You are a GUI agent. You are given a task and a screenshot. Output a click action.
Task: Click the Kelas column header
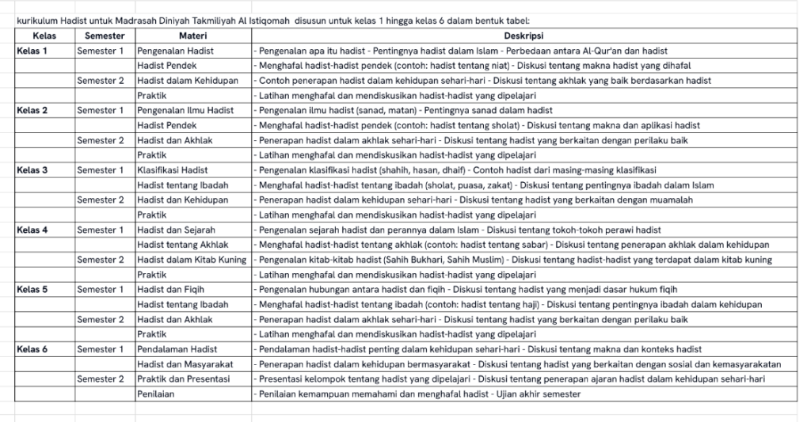(x=44, y=36)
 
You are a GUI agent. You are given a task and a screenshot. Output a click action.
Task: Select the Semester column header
(x=104, y=36)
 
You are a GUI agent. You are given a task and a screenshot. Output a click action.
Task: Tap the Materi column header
(x=193, y=36)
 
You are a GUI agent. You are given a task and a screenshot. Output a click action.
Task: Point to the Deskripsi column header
(x=524, y=36)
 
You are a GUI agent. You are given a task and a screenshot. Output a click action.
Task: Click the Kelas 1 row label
(x=32, y=51)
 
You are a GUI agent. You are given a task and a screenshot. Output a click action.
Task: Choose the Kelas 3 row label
(x=32, y=170)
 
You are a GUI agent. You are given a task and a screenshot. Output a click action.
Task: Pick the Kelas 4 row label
(x=32, y=230)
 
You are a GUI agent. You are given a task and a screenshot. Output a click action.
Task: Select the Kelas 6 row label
(x=32, y=349)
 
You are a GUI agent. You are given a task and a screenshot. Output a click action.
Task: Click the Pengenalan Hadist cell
(x=175, y=51)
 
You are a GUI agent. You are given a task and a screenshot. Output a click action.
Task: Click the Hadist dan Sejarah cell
(x=176, y=230)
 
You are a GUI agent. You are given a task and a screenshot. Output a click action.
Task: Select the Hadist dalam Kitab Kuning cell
(x=192, y=260)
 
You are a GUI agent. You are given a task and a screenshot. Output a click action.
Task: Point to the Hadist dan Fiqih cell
(x=170, y=290)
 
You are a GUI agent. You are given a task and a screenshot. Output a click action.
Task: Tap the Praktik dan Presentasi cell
(x=183, y=379)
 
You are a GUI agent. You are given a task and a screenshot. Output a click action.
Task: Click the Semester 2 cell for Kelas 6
(x=101, y=379)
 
